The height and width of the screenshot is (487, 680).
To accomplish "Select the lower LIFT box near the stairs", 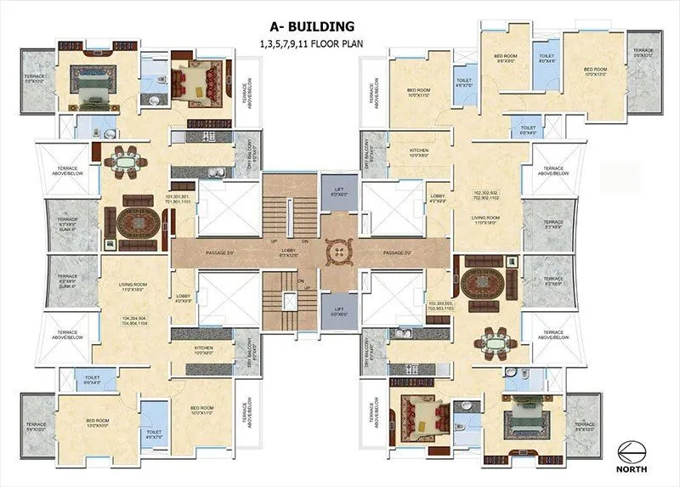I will point(338,311).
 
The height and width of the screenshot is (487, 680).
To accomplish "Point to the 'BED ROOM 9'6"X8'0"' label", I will point(506,59).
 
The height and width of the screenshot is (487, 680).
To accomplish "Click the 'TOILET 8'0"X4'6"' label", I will point(547,59).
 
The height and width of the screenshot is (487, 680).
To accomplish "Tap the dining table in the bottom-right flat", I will point(493,340).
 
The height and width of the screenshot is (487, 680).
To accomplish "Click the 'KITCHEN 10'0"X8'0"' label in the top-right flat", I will point(418,153).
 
